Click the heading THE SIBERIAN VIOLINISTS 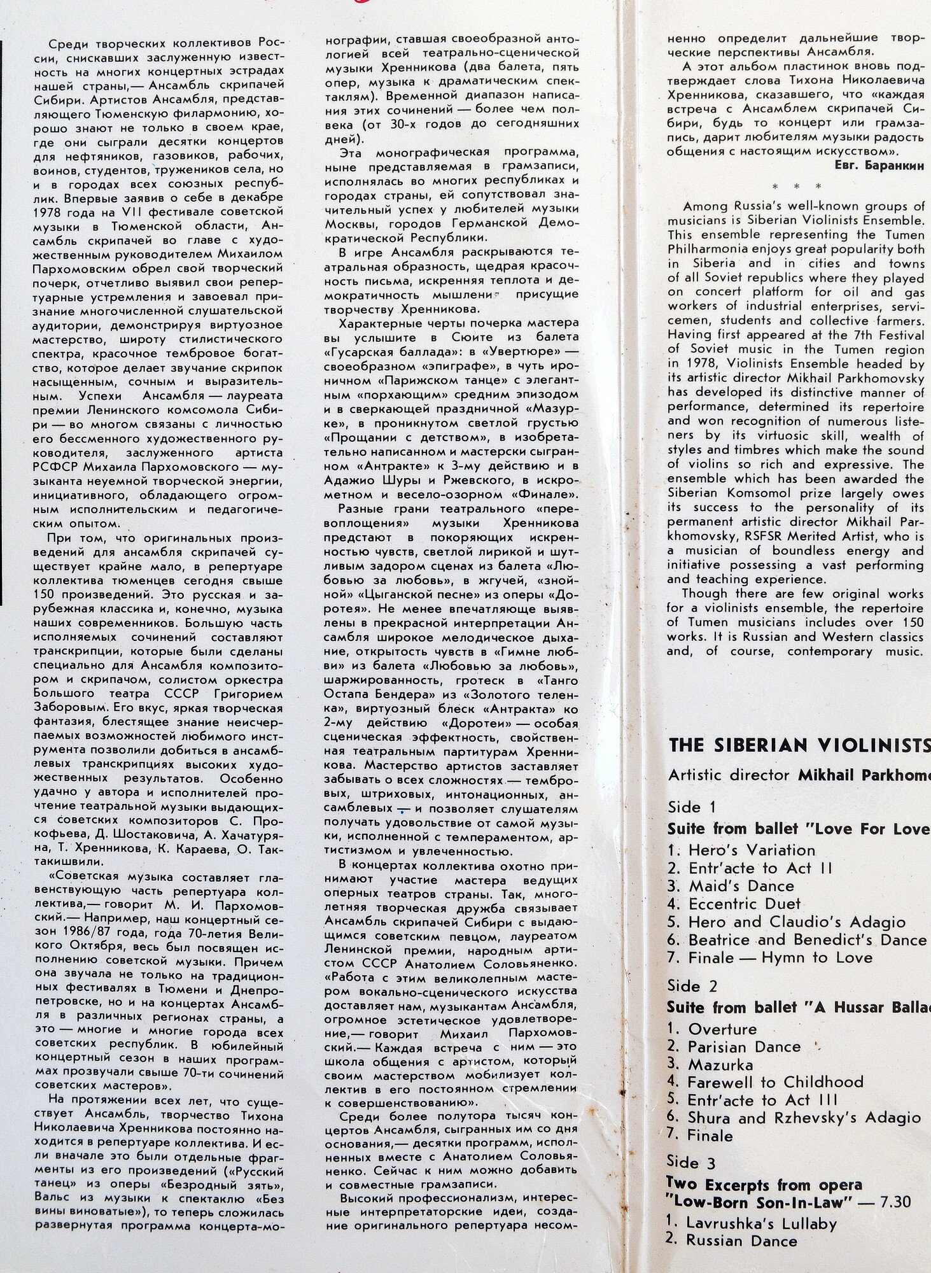pyautogui.click(x=799, y=745)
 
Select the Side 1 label pyautogui.click(x=692, y=807)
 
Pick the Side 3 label pyautogui.click(x=692, y=1163)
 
